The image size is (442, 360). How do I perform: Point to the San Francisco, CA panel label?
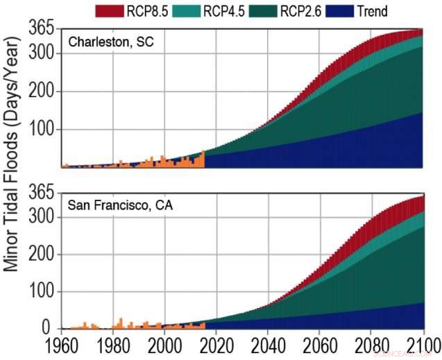point(120,206)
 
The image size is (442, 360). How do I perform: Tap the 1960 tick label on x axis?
point(62,345)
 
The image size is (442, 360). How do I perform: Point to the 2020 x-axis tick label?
point(216,345)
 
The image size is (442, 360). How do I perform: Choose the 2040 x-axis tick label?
point(269,345)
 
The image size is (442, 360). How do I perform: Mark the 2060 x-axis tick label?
point(320,345)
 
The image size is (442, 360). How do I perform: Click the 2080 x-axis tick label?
point(371,345)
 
